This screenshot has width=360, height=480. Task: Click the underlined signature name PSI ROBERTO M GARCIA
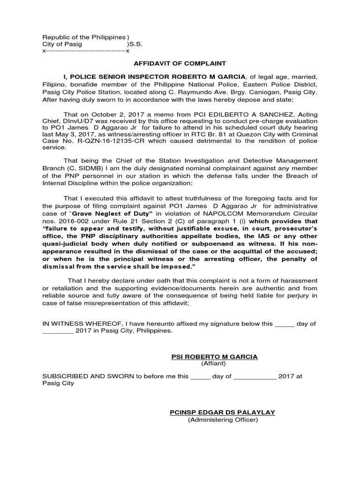click(x=214, y=357)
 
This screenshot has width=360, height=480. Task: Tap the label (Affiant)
click(x=214, y=363)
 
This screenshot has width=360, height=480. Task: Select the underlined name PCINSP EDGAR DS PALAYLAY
click(x=222, y=412)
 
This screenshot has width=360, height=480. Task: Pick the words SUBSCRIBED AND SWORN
click(x=84, y=376)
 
